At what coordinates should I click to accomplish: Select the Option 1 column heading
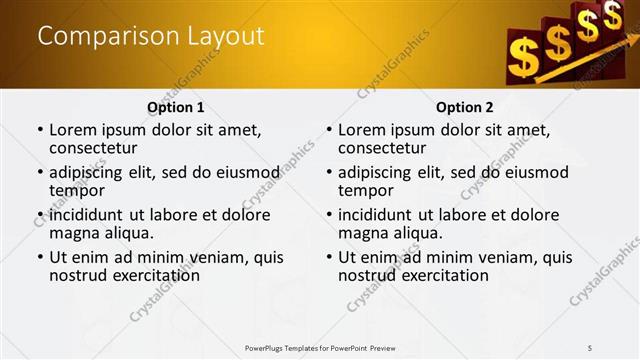click(x=176, y=107)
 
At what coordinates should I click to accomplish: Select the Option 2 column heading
click(x=465, y=107)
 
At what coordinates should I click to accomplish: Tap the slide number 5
click(x=590, y=347)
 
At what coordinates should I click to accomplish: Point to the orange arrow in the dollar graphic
click(x=590, y=62)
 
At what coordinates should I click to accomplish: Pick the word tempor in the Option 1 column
click(x=77, y=190)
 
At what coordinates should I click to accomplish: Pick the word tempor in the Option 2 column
click(x=366, y=190)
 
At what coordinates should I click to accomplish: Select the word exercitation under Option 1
click(x=145, y=275)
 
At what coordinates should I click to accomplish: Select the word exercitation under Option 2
click(x=434, y=275)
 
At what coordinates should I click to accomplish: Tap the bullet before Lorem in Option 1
click(x=39, y=131)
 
